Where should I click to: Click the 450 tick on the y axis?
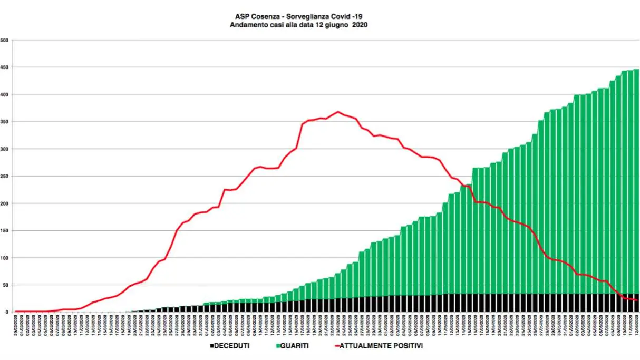tap(4, 67)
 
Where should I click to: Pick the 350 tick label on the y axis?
tap(4, 122)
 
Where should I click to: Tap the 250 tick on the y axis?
tap(4, 176)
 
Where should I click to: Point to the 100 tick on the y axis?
tap(4, 258)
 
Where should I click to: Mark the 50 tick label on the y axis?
tap(5, 285)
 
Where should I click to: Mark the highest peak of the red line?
tap(338, 112)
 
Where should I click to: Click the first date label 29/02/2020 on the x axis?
tap(16, 323)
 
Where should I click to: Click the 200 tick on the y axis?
tap(4, 203)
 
